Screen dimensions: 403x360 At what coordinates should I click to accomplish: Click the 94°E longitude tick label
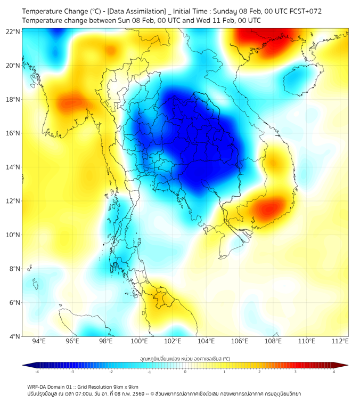pos(39,341)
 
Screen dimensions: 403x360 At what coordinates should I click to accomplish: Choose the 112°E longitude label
pos(340,341)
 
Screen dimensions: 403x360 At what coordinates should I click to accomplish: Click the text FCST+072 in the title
pos(302,11)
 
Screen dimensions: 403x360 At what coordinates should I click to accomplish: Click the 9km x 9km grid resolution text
pos(124,386)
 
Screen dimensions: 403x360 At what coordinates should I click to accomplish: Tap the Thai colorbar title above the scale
pos(184,359)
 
